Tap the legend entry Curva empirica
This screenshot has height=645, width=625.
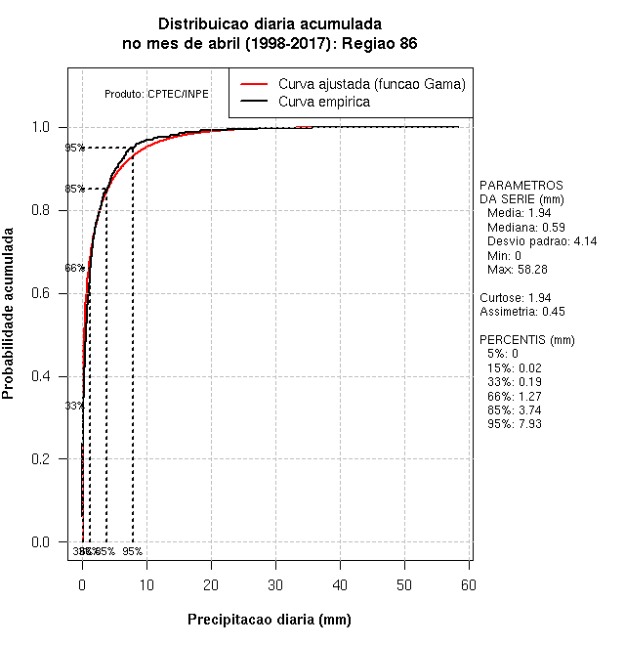tap(324, 102)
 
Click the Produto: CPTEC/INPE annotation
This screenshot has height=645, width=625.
tap(156, 94)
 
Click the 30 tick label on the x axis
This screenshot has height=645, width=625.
tap(275, 584)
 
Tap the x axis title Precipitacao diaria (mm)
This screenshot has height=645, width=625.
tap(269, 620)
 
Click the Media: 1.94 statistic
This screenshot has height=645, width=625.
tap(520, 213)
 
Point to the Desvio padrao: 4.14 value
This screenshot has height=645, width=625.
tap(541, 241)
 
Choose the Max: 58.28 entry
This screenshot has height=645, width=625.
tap(517, 269)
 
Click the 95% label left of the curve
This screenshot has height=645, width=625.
tap(74, 149)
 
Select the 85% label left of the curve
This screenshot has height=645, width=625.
tap(74, 190)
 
